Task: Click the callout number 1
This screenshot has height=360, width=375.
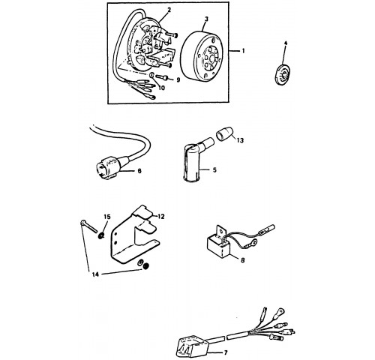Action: [243, 51]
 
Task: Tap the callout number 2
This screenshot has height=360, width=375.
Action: [169, 10]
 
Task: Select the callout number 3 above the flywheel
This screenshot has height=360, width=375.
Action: [206, 19]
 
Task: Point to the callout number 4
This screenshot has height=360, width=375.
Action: [286, 43]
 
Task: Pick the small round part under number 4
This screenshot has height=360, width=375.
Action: [282, 74]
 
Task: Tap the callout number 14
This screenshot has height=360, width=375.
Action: [95, 274]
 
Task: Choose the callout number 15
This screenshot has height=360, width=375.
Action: [107, 217]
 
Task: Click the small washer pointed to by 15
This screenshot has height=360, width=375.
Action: [101, 235]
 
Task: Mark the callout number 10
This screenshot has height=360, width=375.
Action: [162, 88]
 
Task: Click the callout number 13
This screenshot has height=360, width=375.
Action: [240, 140]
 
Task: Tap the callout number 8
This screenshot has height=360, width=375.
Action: [242, 260]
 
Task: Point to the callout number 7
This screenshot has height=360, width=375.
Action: [226, 352]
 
